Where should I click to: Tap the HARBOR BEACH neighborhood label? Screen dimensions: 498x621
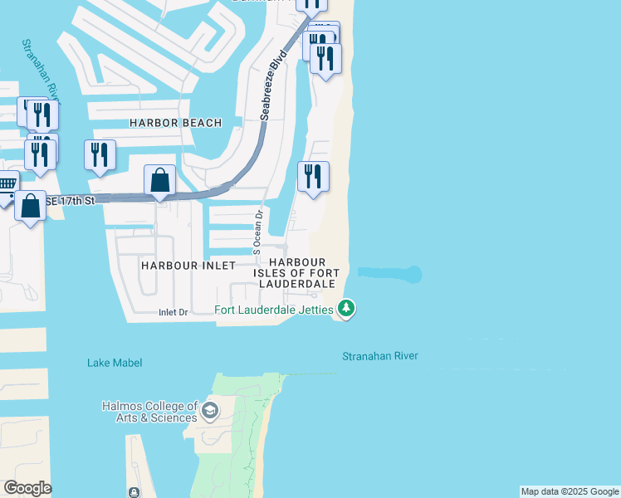pyautogui.click(x=176, y=123)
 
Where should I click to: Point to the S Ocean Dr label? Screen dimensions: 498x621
pyautogui.click(x=258, y=232)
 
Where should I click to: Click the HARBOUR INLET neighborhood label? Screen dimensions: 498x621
pyautogui.click(x=188, y=266)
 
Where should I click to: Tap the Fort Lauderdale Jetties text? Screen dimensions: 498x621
pyautogui.click(x=273, y=311)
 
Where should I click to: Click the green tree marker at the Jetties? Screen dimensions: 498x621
pyautogui.click(x=345, y=310)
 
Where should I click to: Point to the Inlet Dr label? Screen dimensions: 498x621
pyautogui.click(x=174, y=312)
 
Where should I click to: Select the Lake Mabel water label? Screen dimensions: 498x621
pyautogui.click(x=115, y=363)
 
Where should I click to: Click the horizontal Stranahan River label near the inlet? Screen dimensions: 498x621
pyautogui.click(x=380, y=356)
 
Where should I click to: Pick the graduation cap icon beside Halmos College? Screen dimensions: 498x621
pyautogui.click(x=210, y=410)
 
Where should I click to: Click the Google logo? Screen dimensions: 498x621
pyautogui.click(x=27, y=488)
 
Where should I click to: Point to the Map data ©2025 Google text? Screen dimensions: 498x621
pyautogui.click(x=570, y=491)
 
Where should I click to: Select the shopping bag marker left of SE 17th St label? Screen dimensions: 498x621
pyautogui.click(x=30, y=205)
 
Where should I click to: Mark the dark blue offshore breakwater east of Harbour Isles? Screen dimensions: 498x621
pyautogui.click(x=390, y=273)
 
